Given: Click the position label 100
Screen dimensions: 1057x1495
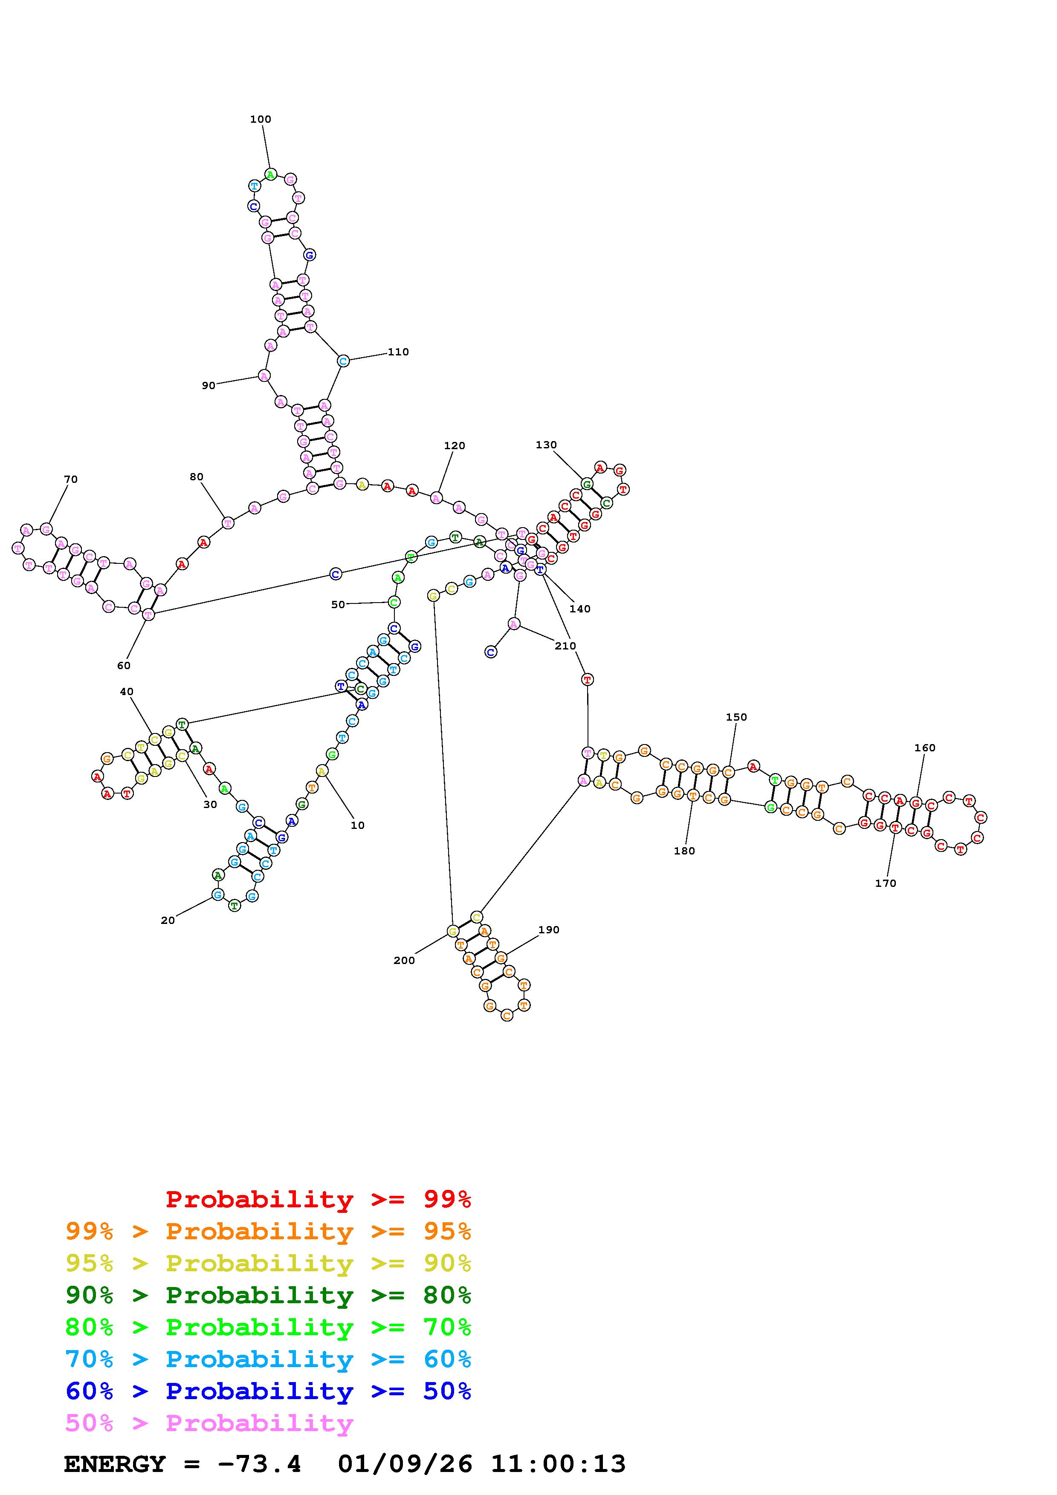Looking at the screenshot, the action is (261, 119).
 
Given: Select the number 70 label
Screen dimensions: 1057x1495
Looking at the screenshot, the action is (70, 479).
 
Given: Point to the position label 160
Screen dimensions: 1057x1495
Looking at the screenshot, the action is (924, 747).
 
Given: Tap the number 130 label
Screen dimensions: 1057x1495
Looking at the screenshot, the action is (546, 445).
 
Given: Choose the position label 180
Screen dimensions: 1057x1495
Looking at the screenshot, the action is (684, 850).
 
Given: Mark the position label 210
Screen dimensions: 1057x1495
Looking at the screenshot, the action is (565, 645).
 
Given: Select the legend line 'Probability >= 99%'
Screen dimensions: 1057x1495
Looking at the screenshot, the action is (319, 1199).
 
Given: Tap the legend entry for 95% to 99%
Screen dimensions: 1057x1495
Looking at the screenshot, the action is (268, 1231).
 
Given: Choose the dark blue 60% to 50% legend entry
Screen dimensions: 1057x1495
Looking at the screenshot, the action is (268, 1391).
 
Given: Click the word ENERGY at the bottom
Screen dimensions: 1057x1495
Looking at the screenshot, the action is (115, 1464).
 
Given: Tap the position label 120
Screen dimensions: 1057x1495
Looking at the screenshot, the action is (454, 445).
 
